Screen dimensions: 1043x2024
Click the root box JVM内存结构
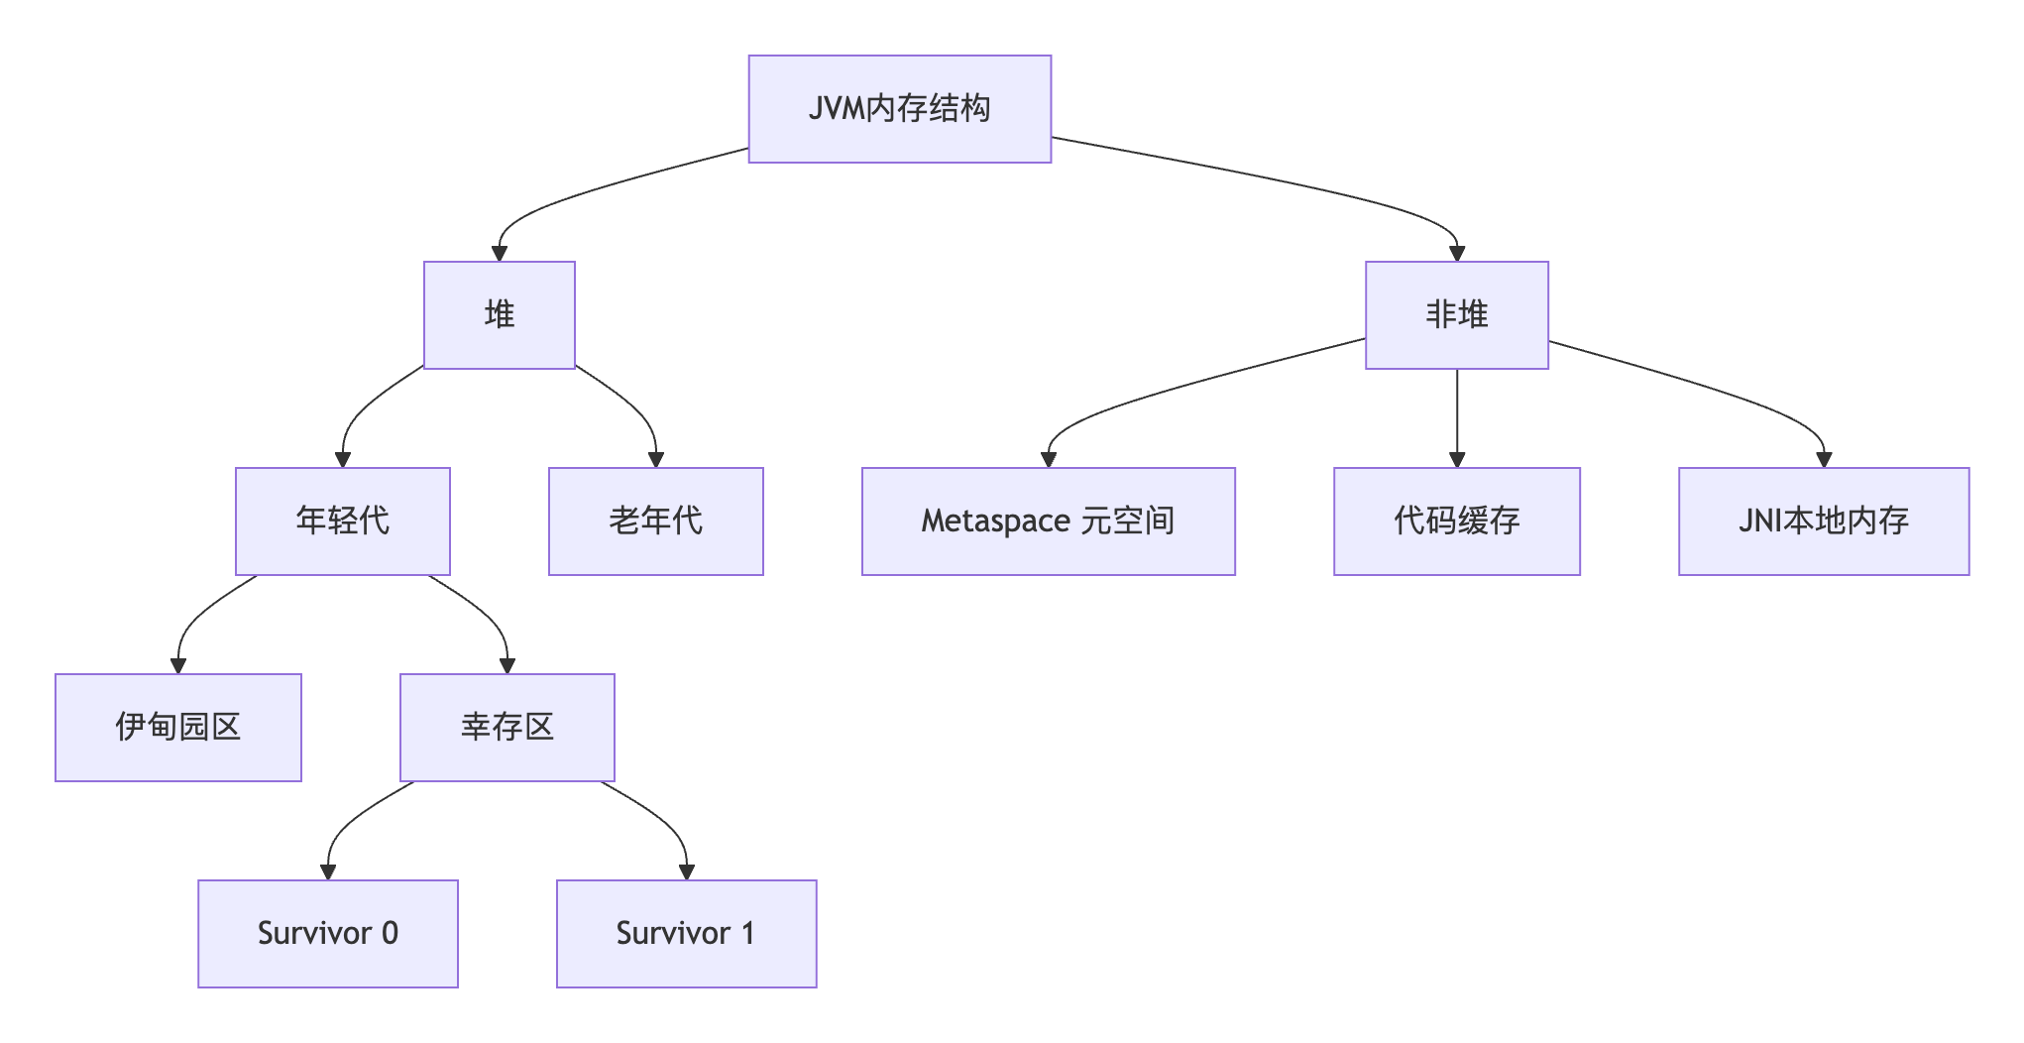[x=899, y=109]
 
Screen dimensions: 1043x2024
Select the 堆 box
[x=499, y=315]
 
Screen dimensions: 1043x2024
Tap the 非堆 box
[x=1456, y=315]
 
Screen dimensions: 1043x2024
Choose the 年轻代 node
[x=342, y=521]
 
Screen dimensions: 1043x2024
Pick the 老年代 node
[x=655, y=521]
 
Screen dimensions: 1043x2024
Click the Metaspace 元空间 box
[x=1048, y=521]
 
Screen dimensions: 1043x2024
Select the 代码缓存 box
[x=1456, y=521]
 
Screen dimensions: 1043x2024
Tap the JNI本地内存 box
[x=1823, y=521]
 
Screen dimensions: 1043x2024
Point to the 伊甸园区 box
[x=177, y=728]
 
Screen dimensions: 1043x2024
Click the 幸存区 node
[x=506, y=728]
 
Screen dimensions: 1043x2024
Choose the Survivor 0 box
[x=327, y=934]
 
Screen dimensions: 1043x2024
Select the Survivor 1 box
[x=686, y=934]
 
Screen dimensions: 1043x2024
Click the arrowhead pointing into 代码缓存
[x=1456, y=459]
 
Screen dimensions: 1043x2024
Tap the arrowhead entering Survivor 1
[x=686, y=871]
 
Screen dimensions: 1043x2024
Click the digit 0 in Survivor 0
[x=390, y=934]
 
